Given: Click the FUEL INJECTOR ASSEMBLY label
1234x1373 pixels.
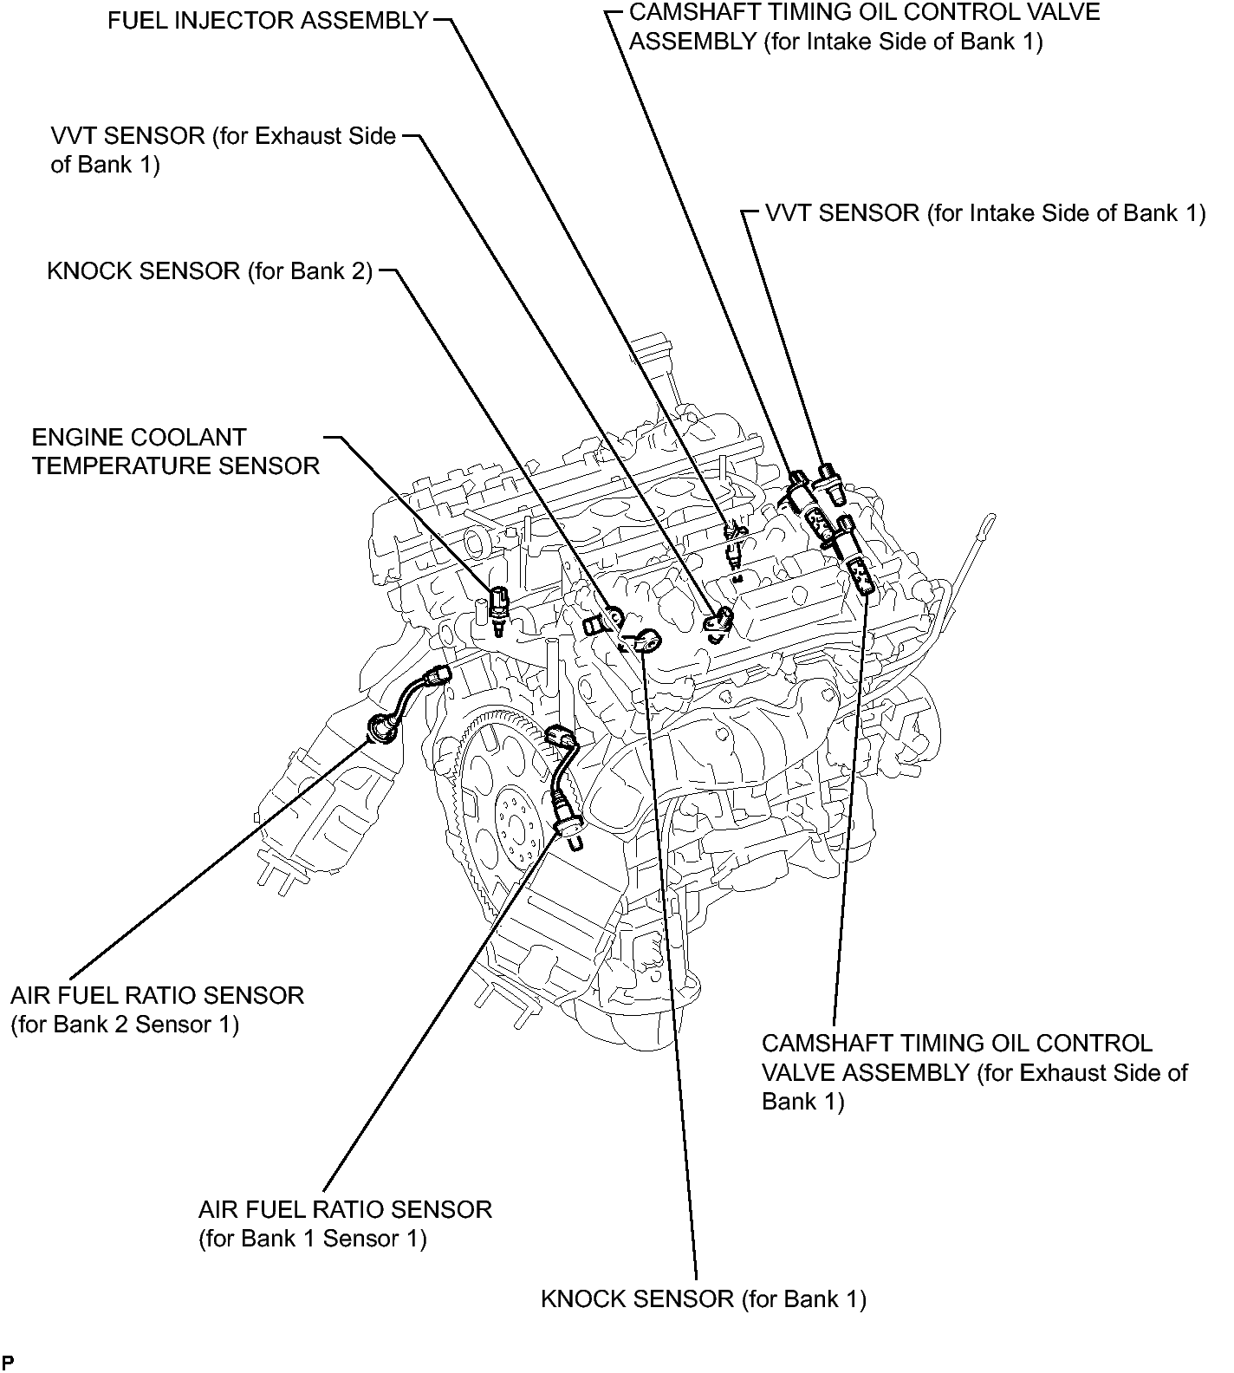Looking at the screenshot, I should pos(268,20).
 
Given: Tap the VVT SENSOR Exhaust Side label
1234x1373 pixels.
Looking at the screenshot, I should pos(224,150).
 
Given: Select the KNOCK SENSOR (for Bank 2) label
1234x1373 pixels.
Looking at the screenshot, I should pos(210,271).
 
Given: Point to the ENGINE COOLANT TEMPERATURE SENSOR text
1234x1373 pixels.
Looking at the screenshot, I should pos(176,452).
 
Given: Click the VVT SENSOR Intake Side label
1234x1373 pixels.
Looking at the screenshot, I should pos(985,213).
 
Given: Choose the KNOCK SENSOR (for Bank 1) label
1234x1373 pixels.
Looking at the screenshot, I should pos(703,1298).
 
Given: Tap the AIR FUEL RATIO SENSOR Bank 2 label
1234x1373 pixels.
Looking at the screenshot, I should pos(157,1009).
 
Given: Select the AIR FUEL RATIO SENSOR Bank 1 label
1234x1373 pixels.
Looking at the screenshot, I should pos(345,1223).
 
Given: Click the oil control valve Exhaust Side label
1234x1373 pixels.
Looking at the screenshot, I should pos(974,1071).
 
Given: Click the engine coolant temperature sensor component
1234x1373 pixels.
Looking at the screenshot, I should pos(499,604).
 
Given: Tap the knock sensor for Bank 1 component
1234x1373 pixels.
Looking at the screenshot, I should pos(647,642).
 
